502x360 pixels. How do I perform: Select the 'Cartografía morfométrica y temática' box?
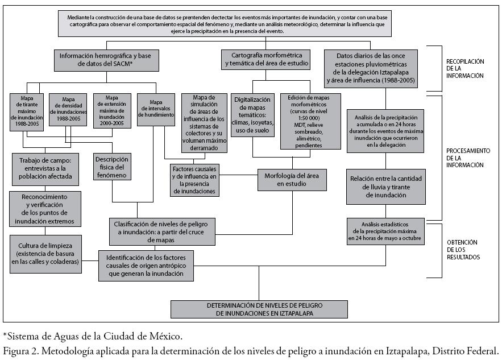266,60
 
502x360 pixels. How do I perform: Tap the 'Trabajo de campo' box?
47,168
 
